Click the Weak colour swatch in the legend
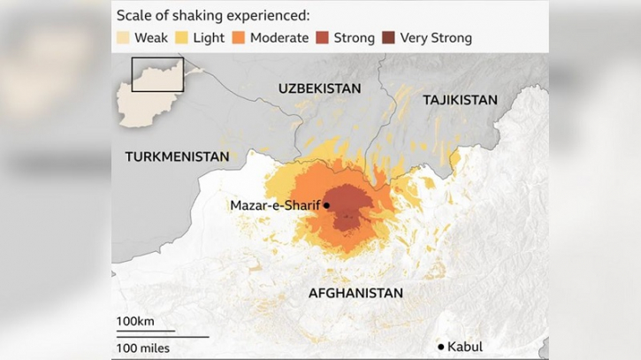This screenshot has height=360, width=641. coord(124,38)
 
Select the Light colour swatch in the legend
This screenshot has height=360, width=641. coord(182,38)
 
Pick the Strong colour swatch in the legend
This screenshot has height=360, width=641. coord(323,38)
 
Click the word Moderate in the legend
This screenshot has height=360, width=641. coord(279,38)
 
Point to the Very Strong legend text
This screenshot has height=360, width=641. coord(436,38)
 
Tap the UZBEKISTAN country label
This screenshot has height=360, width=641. coord(319,88)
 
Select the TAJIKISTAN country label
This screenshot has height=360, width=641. coord(460,100)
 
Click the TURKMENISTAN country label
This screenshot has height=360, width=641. coord(177,157)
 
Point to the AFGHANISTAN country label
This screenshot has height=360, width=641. coord(355,293)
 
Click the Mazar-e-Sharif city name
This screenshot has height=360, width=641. coord(275,205)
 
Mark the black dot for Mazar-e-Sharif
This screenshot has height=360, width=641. coord(327,205)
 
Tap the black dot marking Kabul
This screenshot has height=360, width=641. coord(441,346)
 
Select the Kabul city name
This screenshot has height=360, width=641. coord(466,346)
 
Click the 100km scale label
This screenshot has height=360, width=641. coord(135,320)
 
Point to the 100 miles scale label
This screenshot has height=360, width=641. coord(143,348)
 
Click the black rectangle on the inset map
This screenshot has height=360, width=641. coord(157,74)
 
